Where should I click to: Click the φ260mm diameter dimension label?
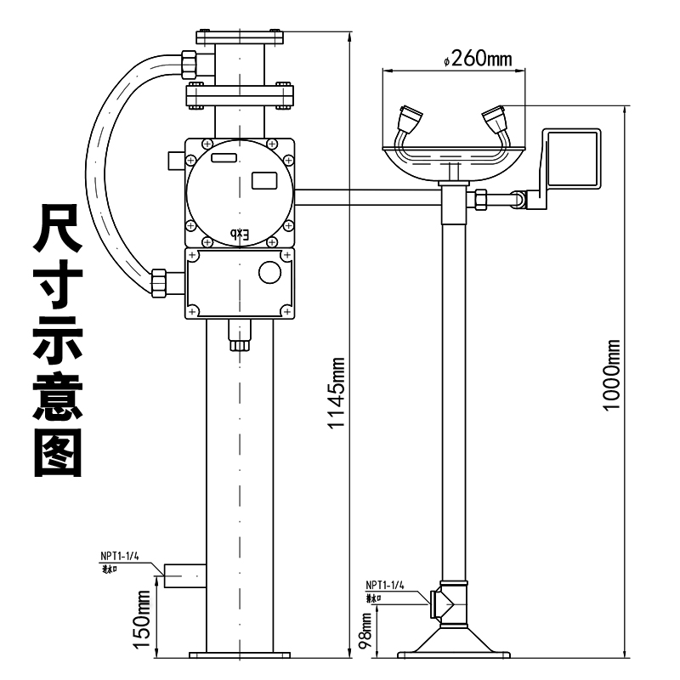pyautogui.click(x=478, y=59)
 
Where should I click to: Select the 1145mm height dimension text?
pyautogui.click(x=338, y=393)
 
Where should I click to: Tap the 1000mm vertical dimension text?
pyautogui.click(x=610, y=374)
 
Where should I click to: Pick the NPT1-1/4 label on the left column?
pyautogui.click(x=119, y=556)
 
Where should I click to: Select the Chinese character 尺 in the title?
pyautogui.click(x=57, y=227)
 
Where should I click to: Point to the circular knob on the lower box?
pyautogui.click(x=269, y=273)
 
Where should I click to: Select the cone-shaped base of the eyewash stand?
pyautogui.click(x=451, y=639)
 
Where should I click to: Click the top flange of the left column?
pyautogui.click(x=239, y=37)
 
